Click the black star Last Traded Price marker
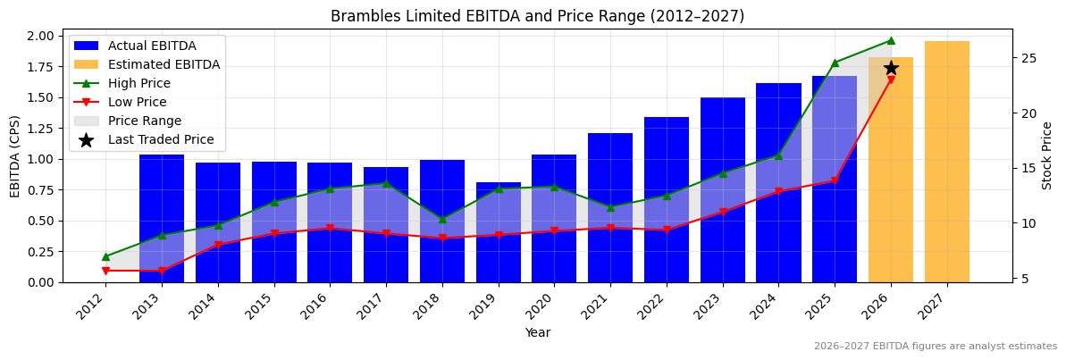pos(891,68)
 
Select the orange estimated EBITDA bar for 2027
pos(946,162)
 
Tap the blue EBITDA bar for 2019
pos(498,232)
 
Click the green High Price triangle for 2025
pos(835,63)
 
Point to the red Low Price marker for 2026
pos(891,80)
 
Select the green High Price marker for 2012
pos(105,256)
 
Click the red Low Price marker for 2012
pos(105,271)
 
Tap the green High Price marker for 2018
pos(442,219)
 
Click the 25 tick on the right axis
pos(1028,58)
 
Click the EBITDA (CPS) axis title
pos(15,156)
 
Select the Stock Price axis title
pos(1047,155)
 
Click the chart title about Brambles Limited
pos(537,16)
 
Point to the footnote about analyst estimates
pos(935,347)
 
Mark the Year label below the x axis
pos(537,332)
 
